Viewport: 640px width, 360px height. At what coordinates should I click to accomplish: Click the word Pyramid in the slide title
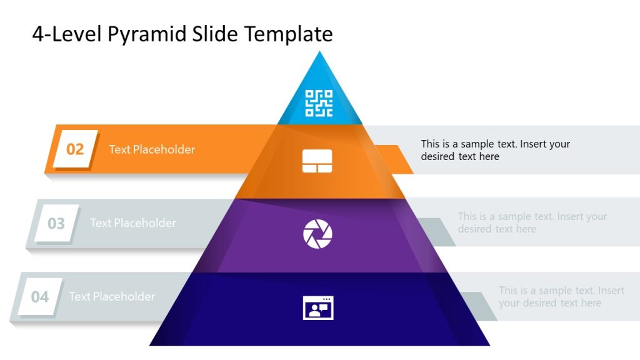pos(147,34)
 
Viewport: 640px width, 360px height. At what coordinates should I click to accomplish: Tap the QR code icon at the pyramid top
pos(319,103)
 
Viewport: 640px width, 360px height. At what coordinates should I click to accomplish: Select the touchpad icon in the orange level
pos(317,161)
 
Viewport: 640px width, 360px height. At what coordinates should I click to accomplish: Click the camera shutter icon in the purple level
pos(317,234)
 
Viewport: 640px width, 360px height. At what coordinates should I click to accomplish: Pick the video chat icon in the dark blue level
pos(318,307)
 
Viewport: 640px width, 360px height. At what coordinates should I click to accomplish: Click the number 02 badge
pos(75,149)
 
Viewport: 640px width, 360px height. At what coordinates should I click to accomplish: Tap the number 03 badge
pos(56,223)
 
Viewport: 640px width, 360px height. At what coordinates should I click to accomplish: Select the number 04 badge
pos(40,297)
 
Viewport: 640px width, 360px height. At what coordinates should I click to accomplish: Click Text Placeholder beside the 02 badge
pos(152,149)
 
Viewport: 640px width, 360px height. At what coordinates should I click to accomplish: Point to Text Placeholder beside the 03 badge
pos(133,223)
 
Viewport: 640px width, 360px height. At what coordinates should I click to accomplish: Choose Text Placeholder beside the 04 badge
pos(112,297)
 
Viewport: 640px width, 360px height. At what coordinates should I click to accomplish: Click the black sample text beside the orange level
pos(495,150)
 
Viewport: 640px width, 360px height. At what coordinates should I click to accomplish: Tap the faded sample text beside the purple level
pos(532,222)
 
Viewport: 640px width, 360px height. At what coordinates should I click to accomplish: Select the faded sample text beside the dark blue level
pos(561,296)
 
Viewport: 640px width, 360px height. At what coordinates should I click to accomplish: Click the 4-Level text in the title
pos(67,34)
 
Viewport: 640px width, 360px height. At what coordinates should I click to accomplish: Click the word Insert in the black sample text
pos(535,144)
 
